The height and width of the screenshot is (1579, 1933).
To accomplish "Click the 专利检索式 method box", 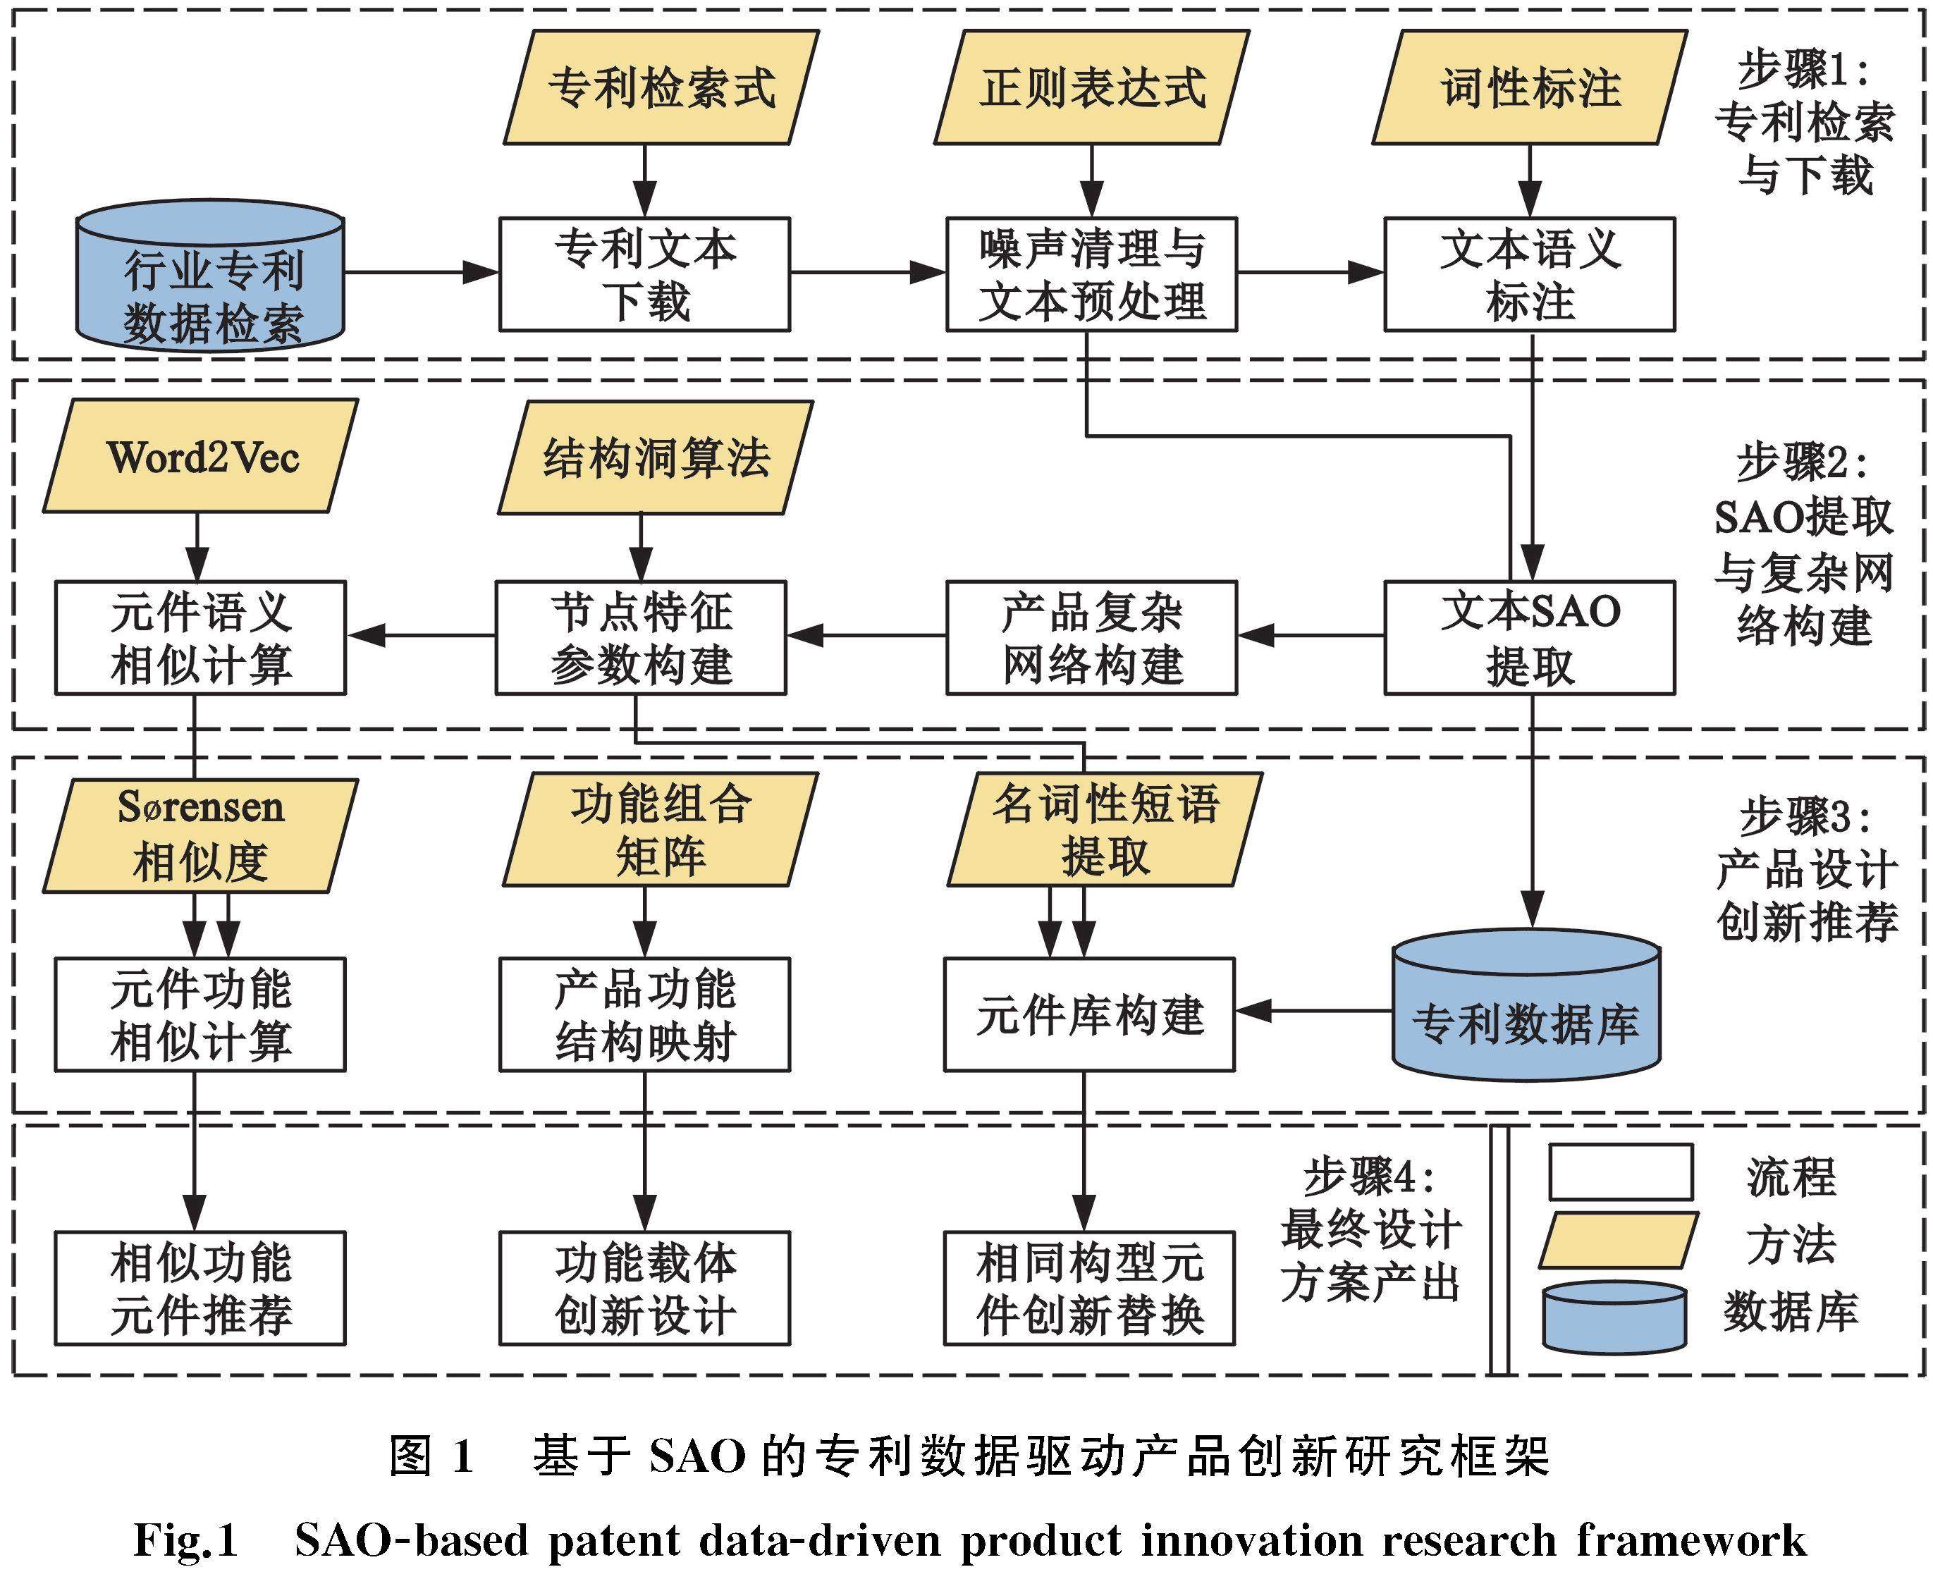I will click(661, 88).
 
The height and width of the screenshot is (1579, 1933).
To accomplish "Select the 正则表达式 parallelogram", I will click(1091, 88).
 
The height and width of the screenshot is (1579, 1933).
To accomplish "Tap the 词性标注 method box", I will click(1530, 88).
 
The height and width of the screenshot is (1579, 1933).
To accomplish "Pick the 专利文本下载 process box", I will click(644, 274).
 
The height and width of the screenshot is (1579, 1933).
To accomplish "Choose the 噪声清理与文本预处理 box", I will click(1091, 274).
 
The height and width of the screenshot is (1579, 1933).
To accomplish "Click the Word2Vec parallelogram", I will click(201, 457).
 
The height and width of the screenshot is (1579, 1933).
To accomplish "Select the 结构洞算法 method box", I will click(655, 457).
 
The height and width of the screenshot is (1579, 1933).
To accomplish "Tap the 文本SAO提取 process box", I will click(1529, 639).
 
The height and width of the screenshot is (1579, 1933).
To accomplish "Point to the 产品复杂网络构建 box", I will click(1091, 639).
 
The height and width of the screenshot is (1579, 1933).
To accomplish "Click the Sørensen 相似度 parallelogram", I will click(200, 834).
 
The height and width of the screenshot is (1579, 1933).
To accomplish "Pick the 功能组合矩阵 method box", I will click(661, 830).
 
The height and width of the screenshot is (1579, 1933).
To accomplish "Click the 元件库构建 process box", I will click(1089, 1014).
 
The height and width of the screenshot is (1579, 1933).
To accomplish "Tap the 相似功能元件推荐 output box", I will click(200, 1288).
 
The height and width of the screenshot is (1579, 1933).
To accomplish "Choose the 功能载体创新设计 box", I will click(644, 1288).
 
